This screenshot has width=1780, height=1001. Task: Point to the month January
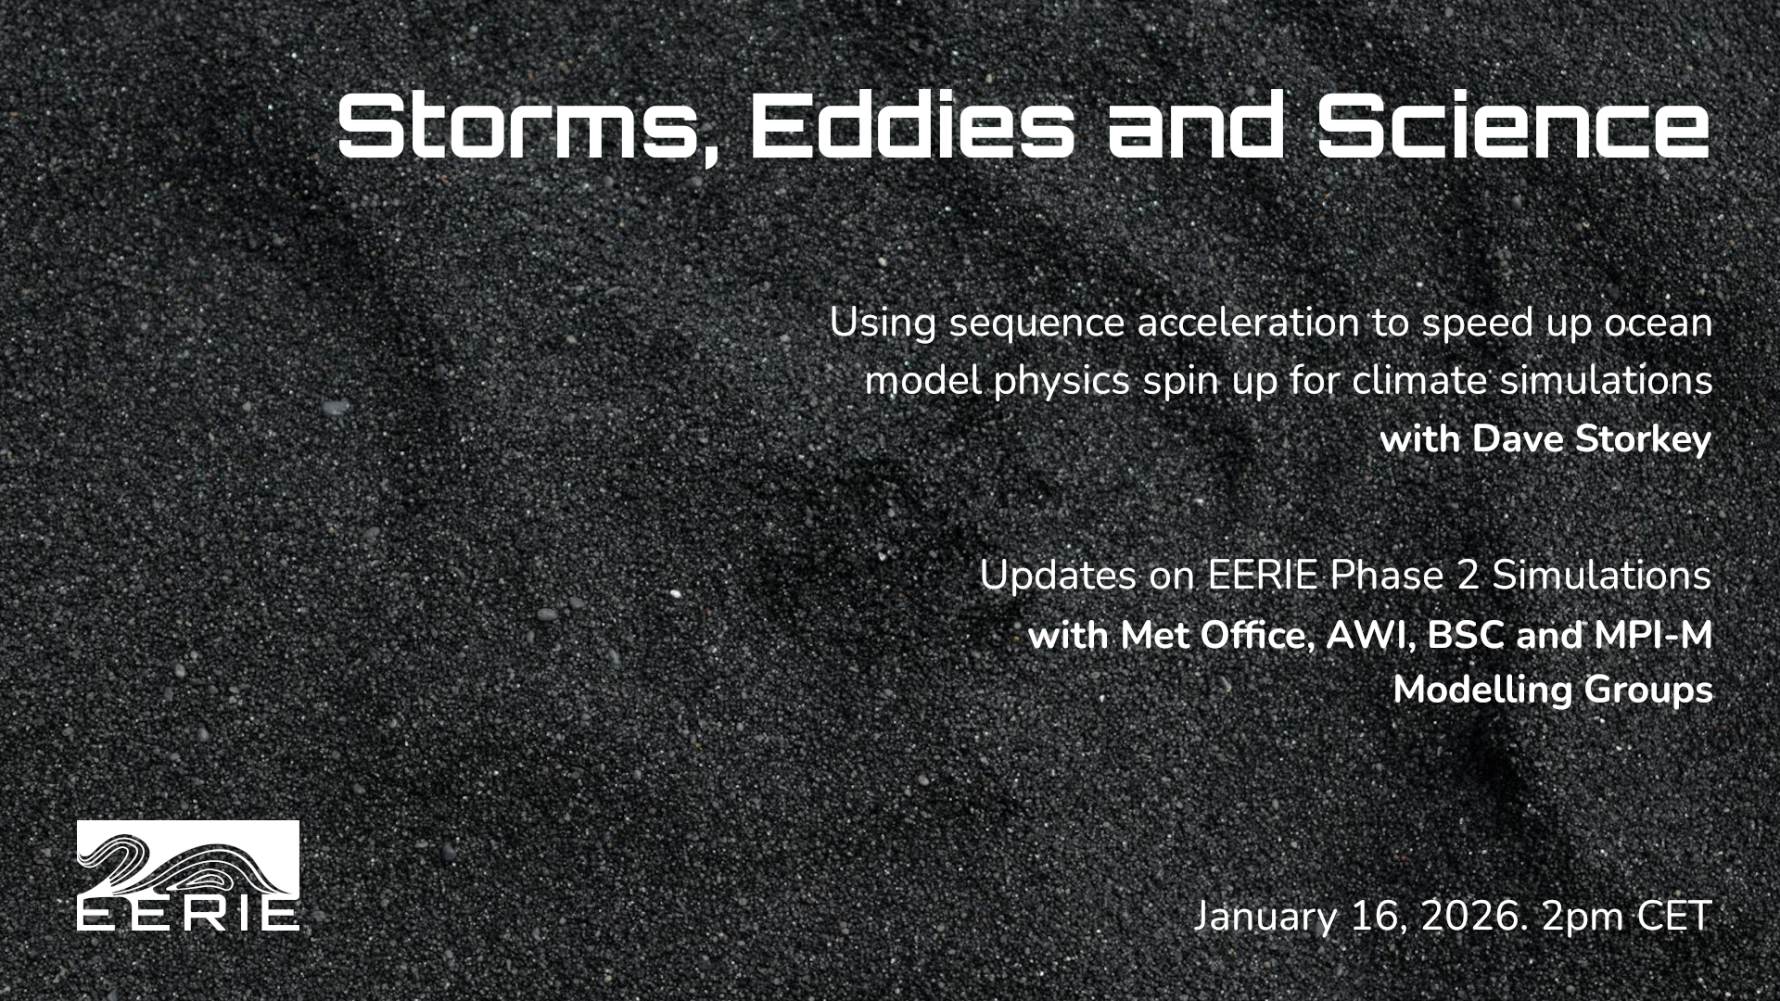coord(1265,918)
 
